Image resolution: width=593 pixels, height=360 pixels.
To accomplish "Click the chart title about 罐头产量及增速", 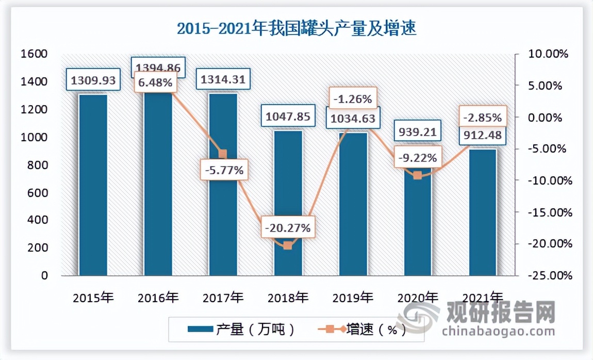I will tap(296, 28).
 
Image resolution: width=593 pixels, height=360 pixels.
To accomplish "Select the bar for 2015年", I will tap(93, 186).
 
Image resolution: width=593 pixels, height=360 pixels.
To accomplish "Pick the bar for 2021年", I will tap(483, 211).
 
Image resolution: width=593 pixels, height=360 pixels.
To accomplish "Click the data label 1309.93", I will tap(93, 80).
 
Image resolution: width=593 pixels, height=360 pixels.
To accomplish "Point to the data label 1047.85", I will tap(288, 117).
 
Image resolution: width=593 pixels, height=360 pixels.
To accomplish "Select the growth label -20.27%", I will tap(288, 227).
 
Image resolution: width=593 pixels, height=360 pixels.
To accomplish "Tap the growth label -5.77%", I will tap(223, 169).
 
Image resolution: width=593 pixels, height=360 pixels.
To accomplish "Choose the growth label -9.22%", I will tap(418, 157).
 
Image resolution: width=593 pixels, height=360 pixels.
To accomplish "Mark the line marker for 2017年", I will tap(223, 154).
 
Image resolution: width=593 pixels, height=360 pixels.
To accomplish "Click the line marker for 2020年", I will tap(418, 175).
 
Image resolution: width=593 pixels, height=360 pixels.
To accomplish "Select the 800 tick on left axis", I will tap(37, 165).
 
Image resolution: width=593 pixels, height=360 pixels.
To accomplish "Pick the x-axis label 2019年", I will tap(353, 298).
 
